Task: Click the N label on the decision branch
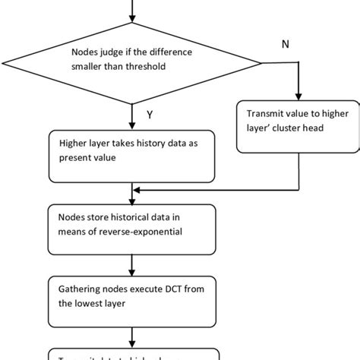click(x=286, y=45)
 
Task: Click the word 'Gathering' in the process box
click(x=80, y=288)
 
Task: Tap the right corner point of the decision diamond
click(x=262, y=60)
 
